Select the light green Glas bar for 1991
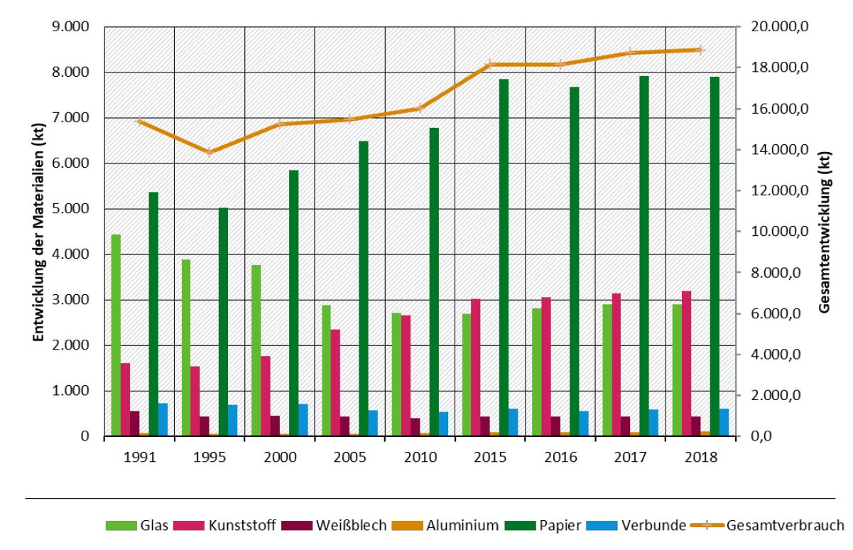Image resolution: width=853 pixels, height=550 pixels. [116, 335]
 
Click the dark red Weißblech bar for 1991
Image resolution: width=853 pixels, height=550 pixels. [134, 424]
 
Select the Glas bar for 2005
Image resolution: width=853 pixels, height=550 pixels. [326, 370]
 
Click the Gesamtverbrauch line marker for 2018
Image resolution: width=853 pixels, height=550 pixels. [699, 50]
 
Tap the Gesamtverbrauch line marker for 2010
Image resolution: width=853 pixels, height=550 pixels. [419, 108]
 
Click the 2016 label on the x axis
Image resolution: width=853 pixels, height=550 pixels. [560, 457]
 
